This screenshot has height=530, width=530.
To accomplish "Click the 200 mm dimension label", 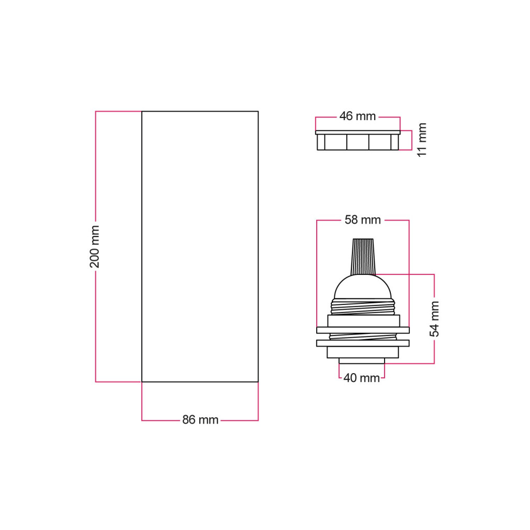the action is point(95,247).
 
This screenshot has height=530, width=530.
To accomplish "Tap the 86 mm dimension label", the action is point(200,420).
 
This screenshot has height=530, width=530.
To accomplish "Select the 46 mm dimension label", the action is point(358,116).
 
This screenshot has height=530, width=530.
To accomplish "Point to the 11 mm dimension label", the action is point(422,140).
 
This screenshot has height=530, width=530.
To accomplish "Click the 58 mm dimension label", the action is point(363,220).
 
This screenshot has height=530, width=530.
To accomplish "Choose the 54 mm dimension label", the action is point(434,319).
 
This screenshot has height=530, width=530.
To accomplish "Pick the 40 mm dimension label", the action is point(362,378).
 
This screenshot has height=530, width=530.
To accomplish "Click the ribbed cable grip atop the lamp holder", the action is point(363,257).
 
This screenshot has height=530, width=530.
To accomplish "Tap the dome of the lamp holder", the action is point(363,287).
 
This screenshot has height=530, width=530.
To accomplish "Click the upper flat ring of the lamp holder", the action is point(363,330).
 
